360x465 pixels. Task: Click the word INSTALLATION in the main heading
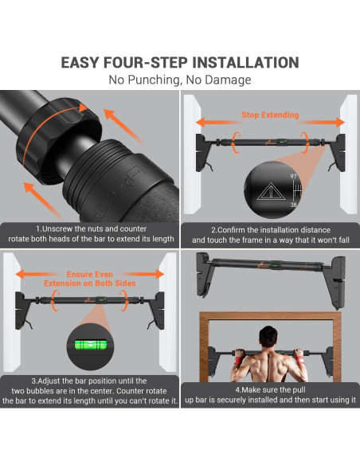click(245, 63)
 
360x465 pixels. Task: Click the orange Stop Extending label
click(270, 115)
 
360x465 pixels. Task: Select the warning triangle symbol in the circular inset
click(271, 192)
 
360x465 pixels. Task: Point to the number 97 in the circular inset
click(293, 177)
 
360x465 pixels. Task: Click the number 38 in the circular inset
click(293, 205)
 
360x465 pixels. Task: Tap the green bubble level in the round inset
click(91, 345)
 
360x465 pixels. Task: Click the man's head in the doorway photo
click(268, 337)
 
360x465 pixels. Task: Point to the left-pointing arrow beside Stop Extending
click(217, 122)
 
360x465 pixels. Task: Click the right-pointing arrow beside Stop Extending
click(323, 122)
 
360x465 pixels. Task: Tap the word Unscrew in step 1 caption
click(57, 229)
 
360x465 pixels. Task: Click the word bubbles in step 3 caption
click(41, 391)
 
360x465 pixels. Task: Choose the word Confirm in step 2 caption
click(231, 230)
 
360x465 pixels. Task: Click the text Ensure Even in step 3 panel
click(89, 275)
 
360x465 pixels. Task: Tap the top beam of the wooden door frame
click(270, 316)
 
